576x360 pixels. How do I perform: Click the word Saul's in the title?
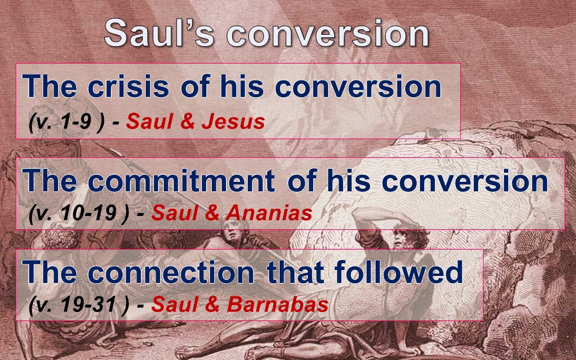point(159,33)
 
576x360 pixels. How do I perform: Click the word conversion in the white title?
point(328,34)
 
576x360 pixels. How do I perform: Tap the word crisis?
point(128,86)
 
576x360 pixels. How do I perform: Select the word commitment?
point(181,181)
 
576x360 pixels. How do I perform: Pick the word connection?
point(171,272)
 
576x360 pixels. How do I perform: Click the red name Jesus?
point(233,122)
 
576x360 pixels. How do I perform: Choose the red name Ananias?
point(269,213)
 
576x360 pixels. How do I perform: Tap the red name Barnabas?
point(277,305)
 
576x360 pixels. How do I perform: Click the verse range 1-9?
point(76,121)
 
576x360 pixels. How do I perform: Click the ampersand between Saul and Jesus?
point(187,122)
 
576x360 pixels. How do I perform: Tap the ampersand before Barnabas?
point(212,305)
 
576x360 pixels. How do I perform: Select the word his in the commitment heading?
point(349,181)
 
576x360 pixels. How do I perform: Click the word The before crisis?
point(50,86)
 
